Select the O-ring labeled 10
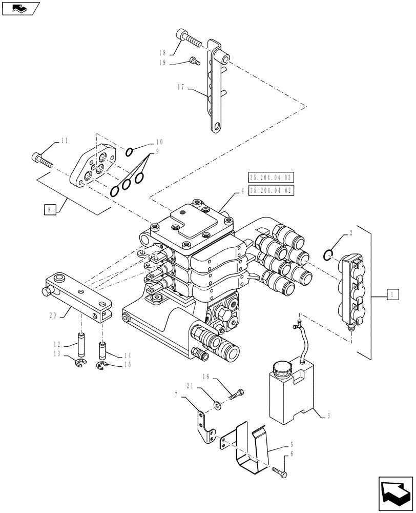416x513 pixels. [x=130, y=151]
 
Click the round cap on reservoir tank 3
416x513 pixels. [x=281, y=368]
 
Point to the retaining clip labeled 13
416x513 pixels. [x=79, y=364]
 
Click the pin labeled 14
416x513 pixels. [x=102, y=349]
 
